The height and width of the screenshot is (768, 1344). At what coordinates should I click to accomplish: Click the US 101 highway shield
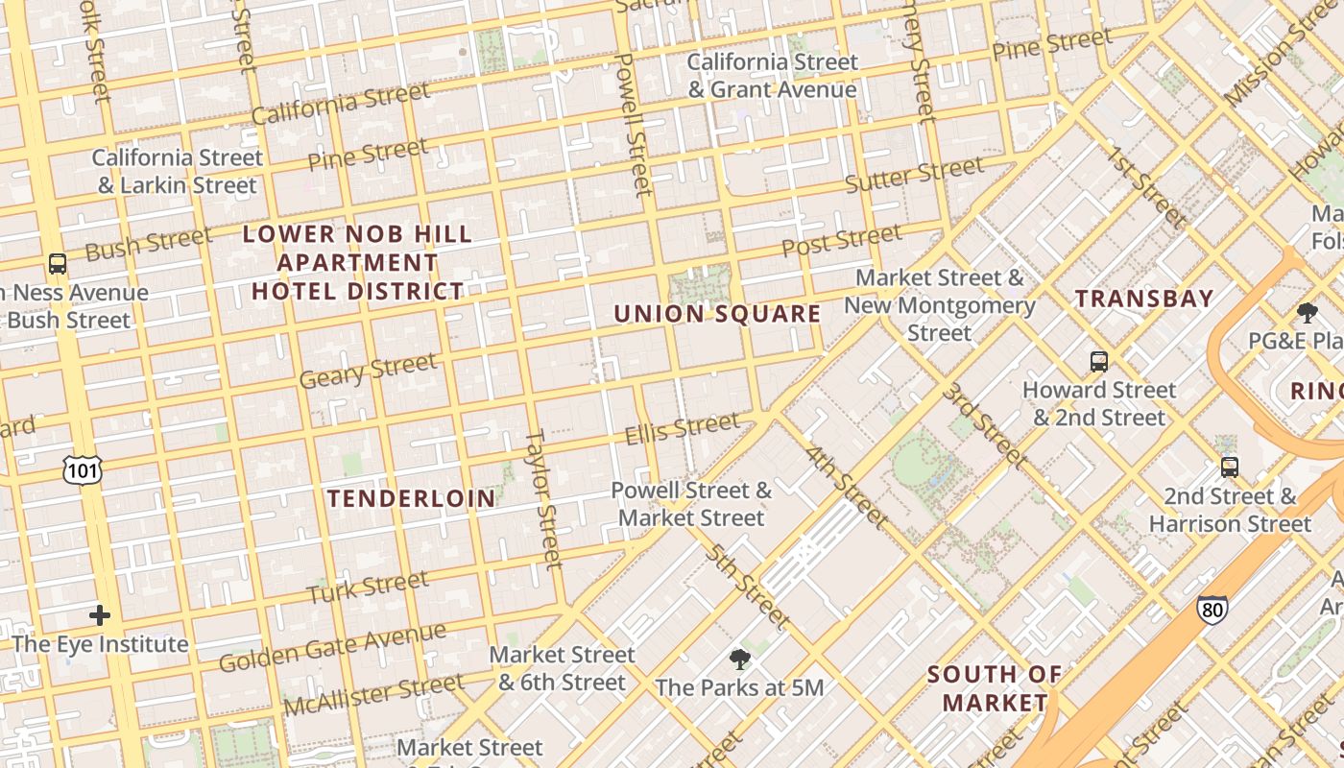[84, 469]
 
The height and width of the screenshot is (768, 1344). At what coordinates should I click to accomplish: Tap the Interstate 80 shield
[1212, 609]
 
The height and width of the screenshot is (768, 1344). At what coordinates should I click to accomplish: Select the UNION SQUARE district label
[717, 314]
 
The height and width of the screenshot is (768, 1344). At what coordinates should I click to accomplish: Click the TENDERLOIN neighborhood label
[412, 498]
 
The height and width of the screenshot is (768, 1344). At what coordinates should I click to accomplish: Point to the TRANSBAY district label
[1144, 299]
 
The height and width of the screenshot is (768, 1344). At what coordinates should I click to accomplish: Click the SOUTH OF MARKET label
[995, 688]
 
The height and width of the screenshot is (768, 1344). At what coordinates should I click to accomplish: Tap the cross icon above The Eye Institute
[100, 615]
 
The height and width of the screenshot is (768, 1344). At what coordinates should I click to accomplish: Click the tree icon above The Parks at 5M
[739, 660]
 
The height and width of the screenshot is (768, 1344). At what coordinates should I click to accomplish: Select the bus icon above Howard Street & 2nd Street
[1099, 362]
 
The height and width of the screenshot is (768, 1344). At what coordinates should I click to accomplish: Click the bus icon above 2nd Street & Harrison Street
[1230, 468]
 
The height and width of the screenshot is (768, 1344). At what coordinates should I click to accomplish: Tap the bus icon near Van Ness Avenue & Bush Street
[58, 263]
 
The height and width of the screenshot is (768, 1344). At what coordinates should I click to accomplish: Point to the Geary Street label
[368, 371]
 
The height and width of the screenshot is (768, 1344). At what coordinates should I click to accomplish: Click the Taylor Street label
[542, 498]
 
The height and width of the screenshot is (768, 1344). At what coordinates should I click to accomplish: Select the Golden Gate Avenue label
[332, 648]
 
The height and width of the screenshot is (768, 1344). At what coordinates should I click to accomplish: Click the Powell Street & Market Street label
[691, 504]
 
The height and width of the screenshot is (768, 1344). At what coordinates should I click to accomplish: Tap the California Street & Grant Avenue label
[772, 76]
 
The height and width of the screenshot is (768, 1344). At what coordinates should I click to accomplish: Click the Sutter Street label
[914, 175]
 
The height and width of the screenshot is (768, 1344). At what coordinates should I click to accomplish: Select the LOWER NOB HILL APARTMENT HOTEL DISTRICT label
[357, 262]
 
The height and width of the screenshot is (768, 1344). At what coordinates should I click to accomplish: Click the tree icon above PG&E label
[1307, 312]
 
